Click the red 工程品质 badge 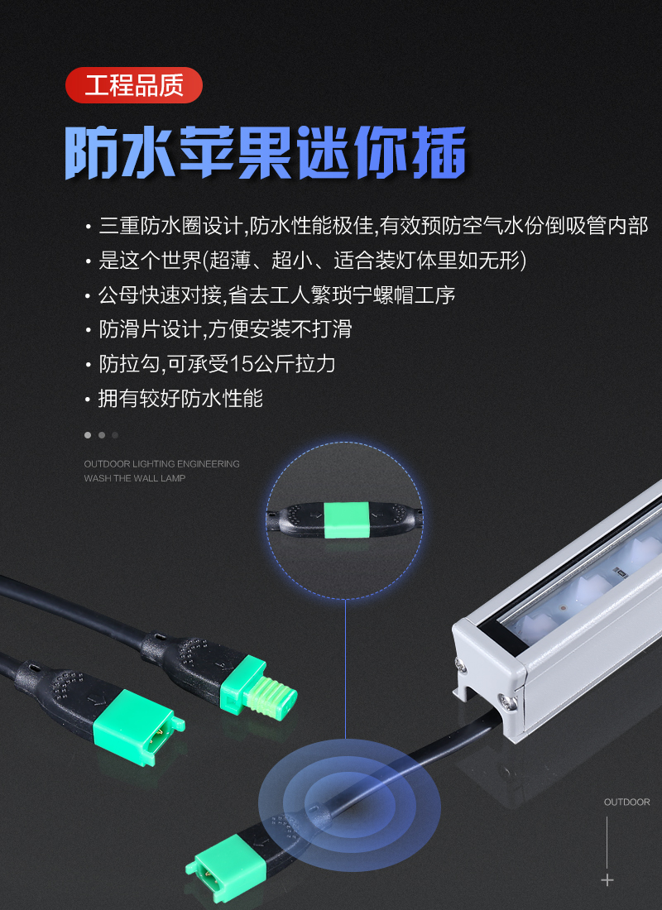click(134, 85)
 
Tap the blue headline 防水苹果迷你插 click(266, 153)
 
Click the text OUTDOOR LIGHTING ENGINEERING click(161, 464)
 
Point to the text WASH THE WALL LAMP click(135, 478)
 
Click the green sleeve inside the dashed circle click(346, 520)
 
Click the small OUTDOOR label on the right click(626, 802)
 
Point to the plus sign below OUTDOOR click(607, 880)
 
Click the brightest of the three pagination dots click(88, 434)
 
